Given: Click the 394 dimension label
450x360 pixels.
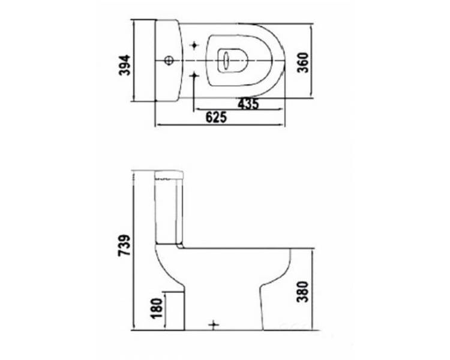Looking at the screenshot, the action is (125, 65).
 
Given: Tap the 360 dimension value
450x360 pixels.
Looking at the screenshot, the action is (303, 62).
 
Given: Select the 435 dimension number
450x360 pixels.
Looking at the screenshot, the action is (248, 103).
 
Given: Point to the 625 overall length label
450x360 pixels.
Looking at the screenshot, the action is (216, 117).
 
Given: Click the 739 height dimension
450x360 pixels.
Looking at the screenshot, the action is (125, 245).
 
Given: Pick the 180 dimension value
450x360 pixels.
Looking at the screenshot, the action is (157, 308).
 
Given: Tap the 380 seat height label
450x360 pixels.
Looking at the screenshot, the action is (303, 292).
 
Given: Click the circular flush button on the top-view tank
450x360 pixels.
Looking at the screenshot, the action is (169, 61).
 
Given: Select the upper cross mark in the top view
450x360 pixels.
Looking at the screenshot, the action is (194, 45).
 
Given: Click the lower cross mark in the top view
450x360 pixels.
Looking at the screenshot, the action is (194, 75).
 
